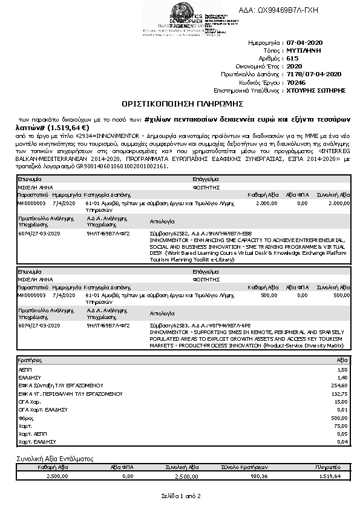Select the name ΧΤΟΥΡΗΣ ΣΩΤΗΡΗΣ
coord(316,90)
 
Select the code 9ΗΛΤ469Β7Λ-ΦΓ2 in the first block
coord(108,232)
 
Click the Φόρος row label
coord(26,418)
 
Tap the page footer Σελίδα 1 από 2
coord(180,496)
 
